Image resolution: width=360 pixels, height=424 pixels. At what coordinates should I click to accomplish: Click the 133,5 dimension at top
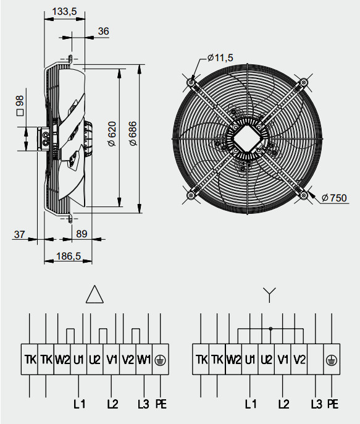tap(65, 11)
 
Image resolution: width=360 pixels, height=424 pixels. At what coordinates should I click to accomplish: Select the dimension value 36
tap(103, 32)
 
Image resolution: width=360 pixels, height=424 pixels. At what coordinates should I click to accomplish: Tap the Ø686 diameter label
tap(133, 134)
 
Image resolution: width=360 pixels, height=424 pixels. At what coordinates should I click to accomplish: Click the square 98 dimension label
tap(19, 106)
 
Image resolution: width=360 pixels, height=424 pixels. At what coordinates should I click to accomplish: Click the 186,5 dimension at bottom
tap(68, 256)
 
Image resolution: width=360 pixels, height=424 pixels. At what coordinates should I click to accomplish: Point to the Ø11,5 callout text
tap(220, 57)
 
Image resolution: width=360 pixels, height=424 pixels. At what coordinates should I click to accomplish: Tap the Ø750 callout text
tap(334, 198)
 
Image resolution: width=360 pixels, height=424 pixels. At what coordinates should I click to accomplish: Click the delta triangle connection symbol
tap(95, 295)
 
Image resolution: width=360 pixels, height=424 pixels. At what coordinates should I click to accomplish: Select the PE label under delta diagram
tap(161, 404)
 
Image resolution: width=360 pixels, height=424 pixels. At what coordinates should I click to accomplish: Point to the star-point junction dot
tap(270, 328)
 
